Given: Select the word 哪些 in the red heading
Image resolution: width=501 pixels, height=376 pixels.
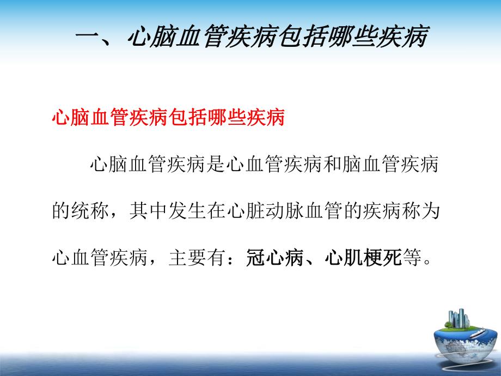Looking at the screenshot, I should pos(227,117).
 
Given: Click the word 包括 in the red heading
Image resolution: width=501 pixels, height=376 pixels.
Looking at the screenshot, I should pos(187,117).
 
